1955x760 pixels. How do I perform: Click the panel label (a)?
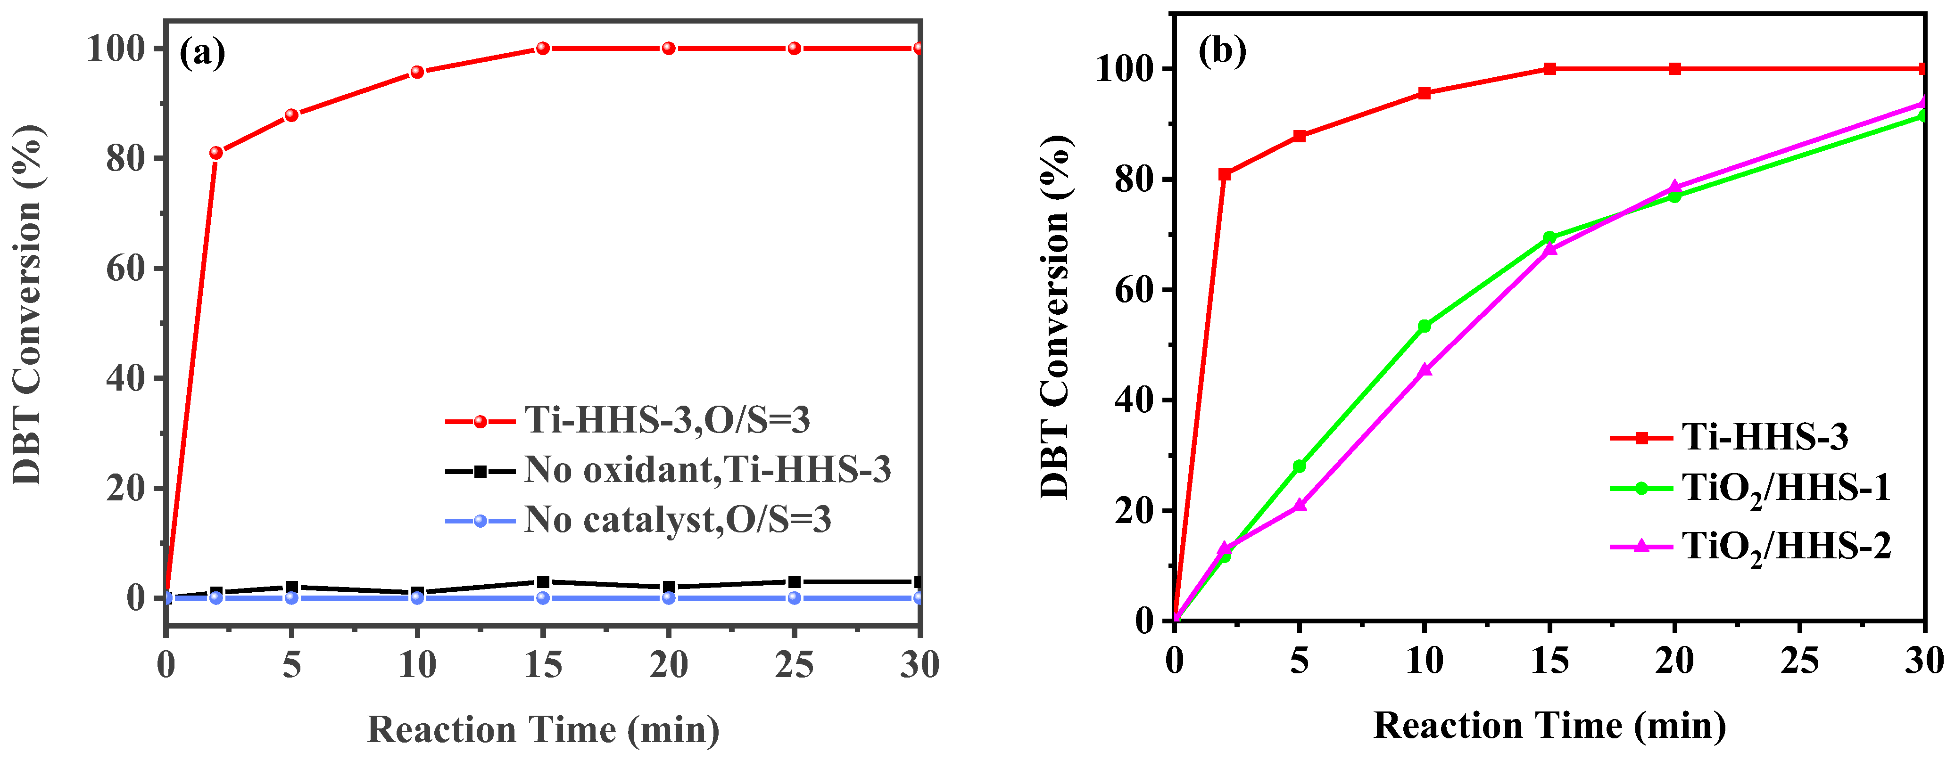click(202, 53)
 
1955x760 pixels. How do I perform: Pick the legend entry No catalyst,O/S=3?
click(677, 520)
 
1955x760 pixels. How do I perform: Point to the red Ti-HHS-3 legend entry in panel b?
click(1764, 437)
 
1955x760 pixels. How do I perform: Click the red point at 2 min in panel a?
click(216, 153)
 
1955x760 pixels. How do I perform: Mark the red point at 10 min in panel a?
click(417, 72)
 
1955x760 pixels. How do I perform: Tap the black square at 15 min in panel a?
click(543, 582)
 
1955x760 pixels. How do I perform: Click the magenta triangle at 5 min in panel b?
click(1299, 505)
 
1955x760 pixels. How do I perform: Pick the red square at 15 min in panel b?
click(1550, 69)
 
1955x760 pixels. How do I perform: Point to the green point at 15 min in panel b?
click(1550, 237)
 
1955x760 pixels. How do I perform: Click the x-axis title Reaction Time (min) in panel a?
click(543, 730)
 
